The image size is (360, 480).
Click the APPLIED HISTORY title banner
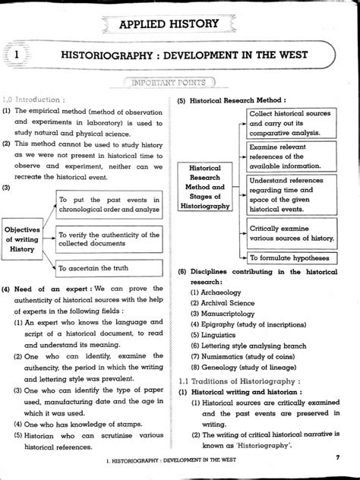coord(179,26)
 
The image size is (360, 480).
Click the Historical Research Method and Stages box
coord(205,186)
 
